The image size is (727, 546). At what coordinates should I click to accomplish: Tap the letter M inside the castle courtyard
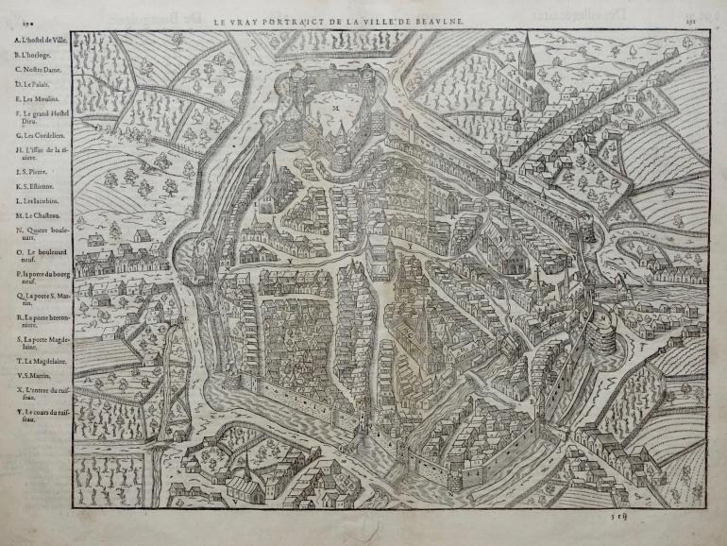[335, 110]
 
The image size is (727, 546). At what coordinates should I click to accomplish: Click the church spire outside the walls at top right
[525, 52]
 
